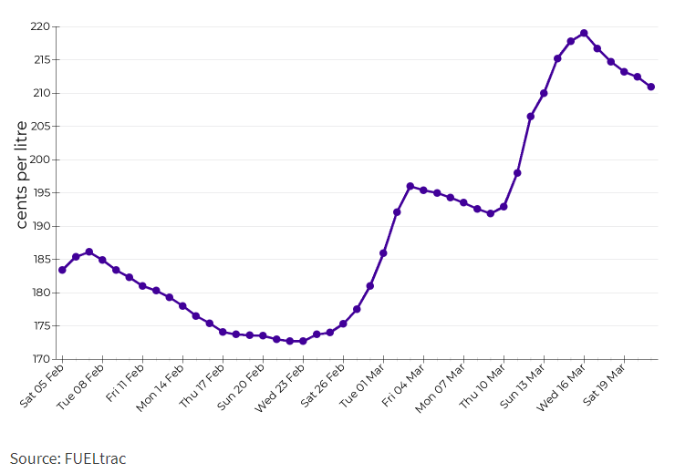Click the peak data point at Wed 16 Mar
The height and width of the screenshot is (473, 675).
pyautogui.click(x=584, y=33)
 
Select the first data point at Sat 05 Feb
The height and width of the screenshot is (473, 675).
pyautogui.click(x=62, y=270)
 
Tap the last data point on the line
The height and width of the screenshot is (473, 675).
pyautogui.click(x=650, y=87)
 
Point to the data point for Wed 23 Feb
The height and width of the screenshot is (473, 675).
pyautogui.click(x=303, y=341)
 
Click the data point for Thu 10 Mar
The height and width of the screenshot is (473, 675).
pyautogui.click(x=504, y=207)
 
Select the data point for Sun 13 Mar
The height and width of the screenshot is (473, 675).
pyautogui.click(x=544, y=93)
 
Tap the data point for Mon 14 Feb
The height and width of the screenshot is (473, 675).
pyautogui.click(x=182, y=306)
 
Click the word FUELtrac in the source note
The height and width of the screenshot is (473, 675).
pyautogui.click(x=96, y=458)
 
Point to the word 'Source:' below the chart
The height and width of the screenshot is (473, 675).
pyautogui.click(x=36, y=458)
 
